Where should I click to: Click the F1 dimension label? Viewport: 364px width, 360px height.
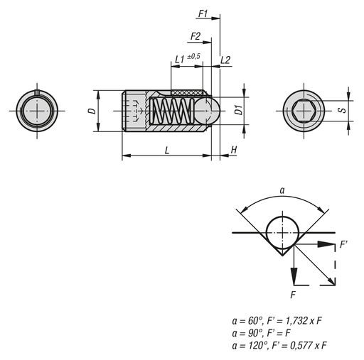203,13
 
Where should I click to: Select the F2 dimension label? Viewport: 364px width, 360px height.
194,36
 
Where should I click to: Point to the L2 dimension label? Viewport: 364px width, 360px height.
225,60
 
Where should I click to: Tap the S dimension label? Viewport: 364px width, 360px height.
342,111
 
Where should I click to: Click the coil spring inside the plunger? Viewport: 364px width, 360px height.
173,111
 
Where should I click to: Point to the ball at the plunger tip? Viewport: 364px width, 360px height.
205,111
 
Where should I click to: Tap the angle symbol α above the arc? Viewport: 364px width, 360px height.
282,191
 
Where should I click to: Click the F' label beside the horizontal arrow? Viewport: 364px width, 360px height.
344,244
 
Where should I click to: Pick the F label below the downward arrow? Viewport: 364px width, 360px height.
293,293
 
